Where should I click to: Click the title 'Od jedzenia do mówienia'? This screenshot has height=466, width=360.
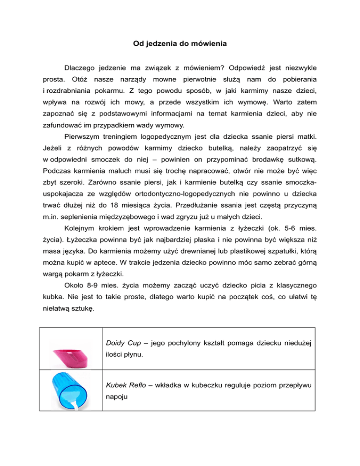180,45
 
